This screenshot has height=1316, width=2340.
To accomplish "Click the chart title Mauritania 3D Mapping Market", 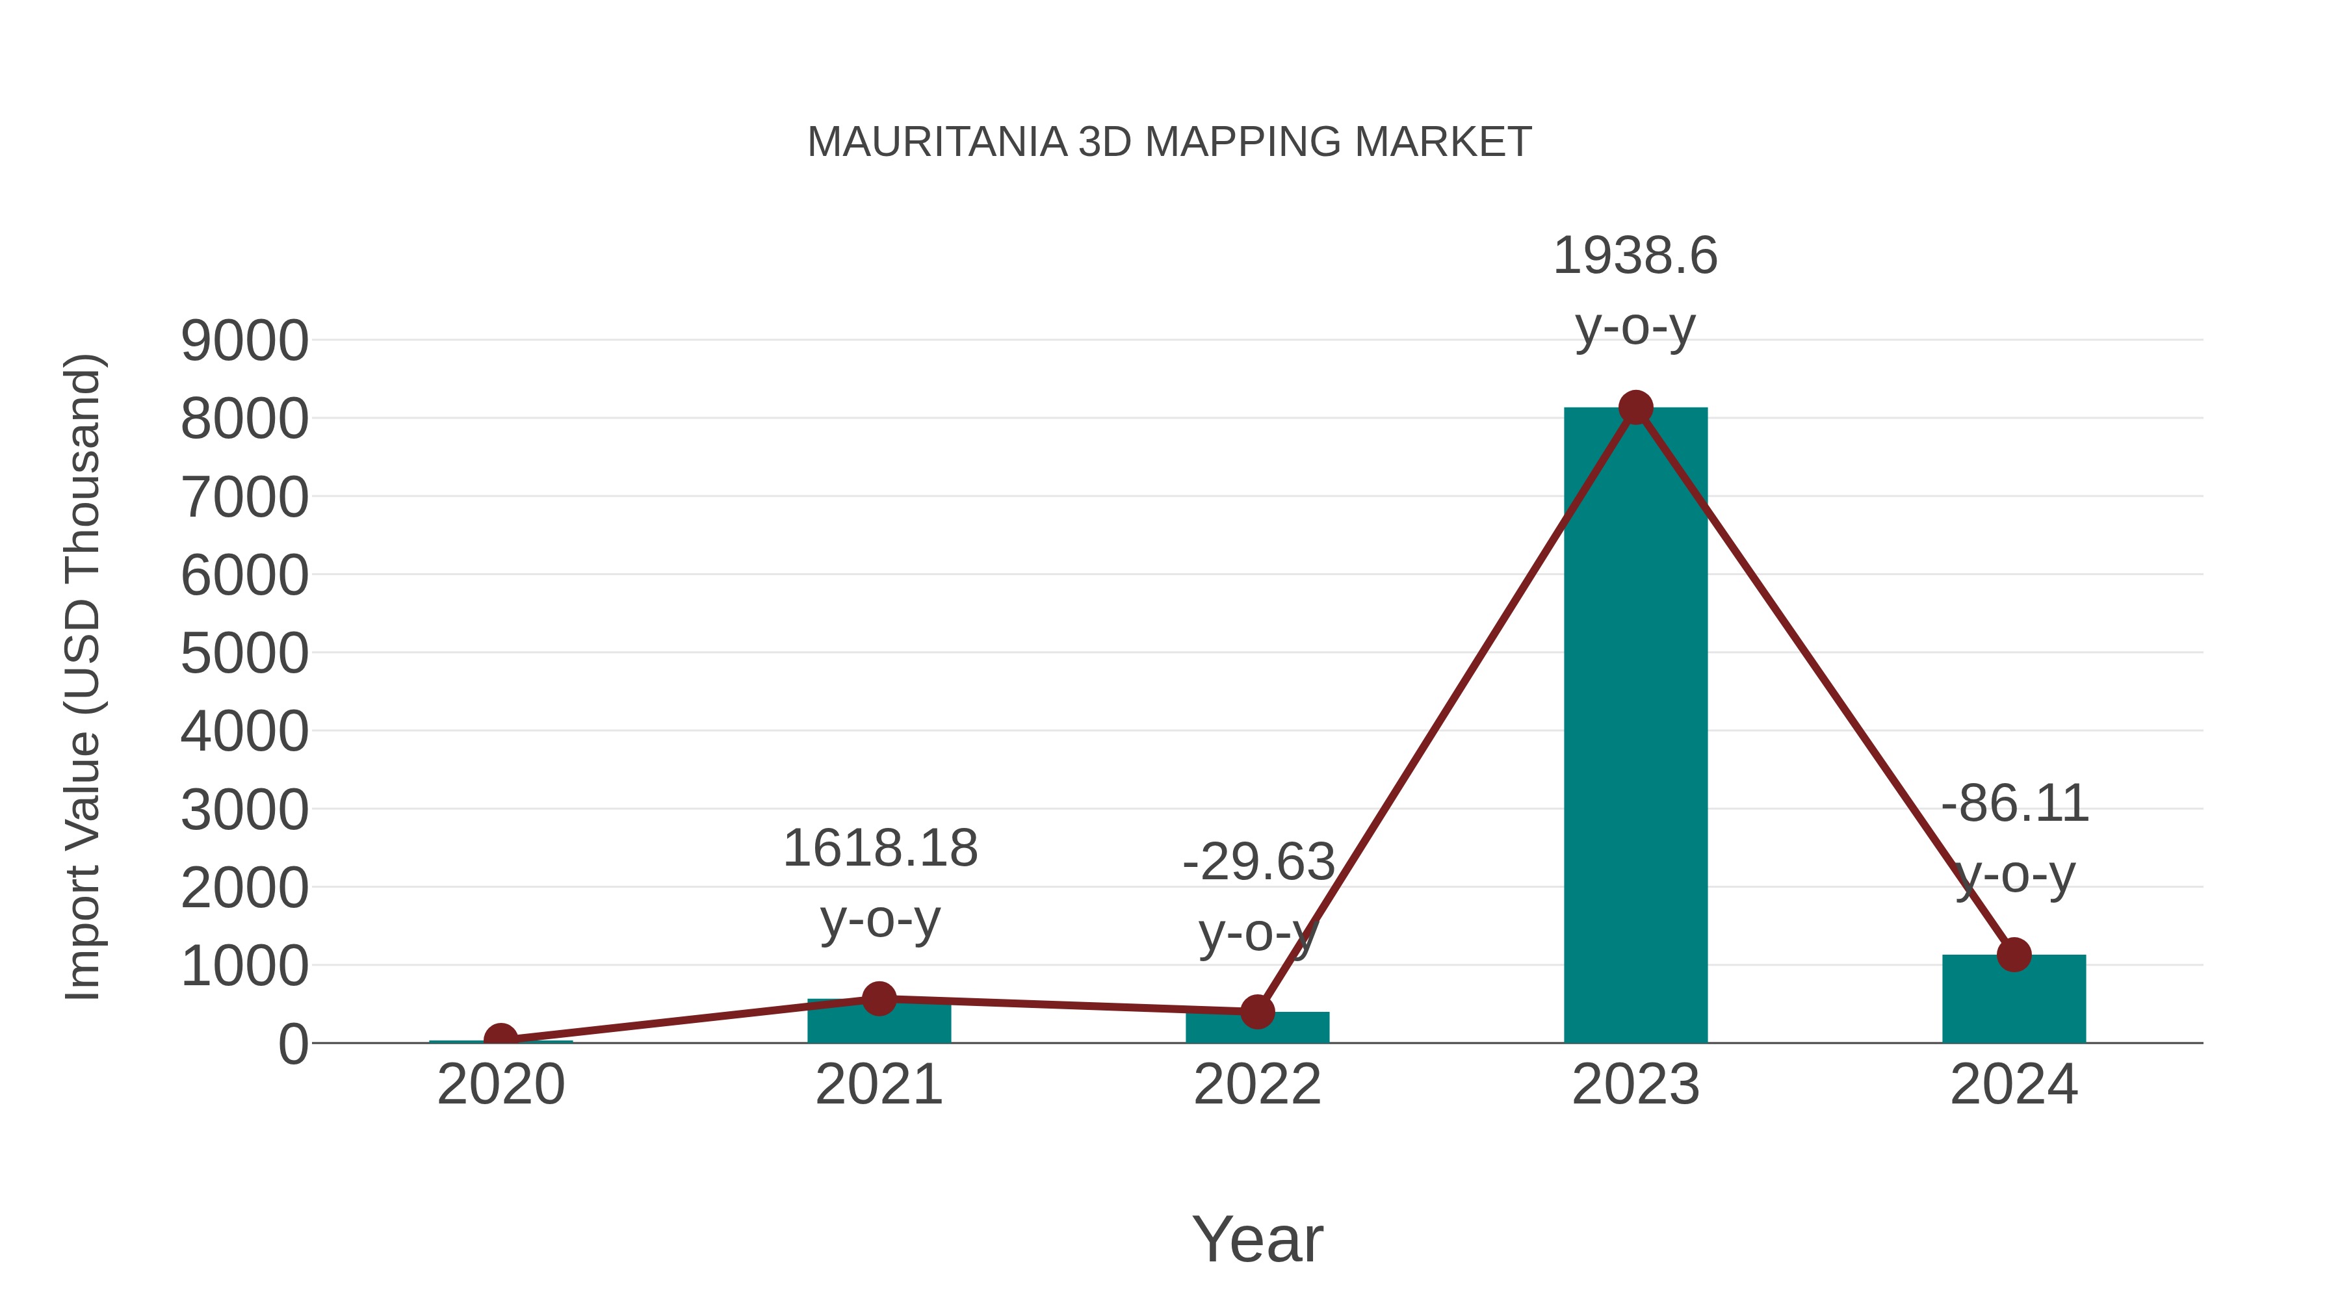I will tap(1169, 142).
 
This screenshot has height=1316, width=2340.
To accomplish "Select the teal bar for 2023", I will tap(1635, 727).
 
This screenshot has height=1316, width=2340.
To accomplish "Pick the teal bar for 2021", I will tap(878, 1024).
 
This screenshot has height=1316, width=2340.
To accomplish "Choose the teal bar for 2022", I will tap(1257, 1028).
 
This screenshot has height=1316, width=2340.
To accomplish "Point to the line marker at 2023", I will tap(1635, 407).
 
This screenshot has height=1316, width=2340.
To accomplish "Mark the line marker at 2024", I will tap(2014, 955).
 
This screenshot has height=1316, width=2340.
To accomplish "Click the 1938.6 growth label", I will tap(1635, 256).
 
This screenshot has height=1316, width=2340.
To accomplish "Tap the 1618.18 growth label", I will tap(879, 849).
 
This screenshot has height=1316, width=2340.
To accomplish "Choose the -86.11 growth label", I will tap(2014, 804).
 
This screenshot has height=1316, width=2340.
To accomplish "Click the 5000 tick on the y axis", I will tap(244, 654).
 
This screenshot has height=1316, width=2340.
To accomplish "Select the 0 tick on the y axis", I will tap(293, 1044).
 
